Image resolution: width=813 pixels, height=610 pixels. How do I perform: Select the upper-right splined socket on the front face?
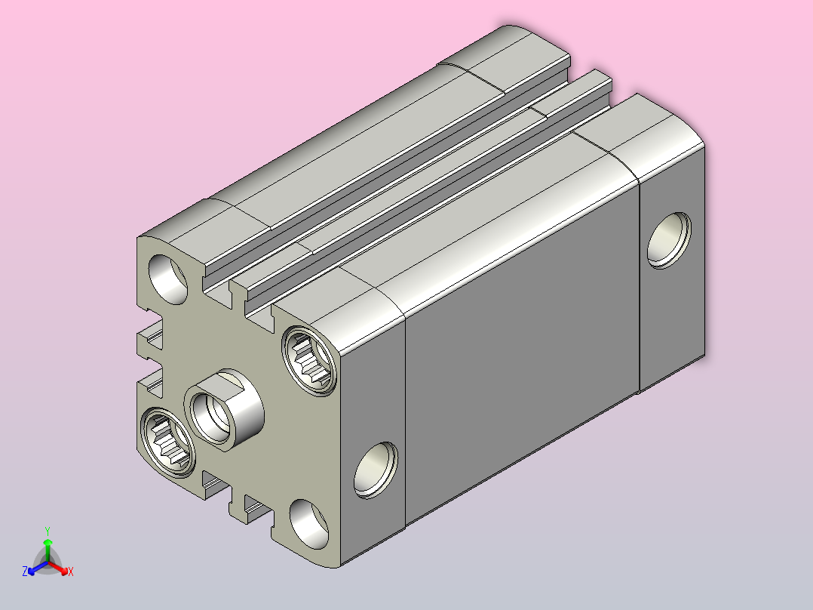point(309,361)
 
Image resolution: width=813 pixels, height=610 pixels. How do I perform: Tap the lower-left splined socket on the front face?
point(168,442)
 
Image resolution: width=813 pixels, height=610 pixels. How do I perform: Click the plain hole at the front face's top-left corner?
point(168,279)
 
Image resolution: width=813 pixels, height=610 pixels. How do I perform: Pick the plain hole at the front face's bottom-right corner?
point(309,525)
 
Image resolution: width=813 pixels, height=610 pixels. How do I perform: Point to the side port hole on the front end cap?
point(376,470)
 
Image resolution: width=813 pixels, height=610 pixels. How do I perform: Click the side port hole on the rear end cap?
point(669,240)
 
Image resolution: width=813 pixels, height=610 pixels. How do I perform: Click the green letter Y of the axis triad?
point(48,531)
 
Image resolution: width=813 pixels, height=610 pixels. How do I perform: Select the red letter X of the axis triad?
point(71,571)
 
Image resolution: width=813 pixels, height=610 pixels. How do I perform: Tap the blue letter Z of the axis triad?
point(25,571)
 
